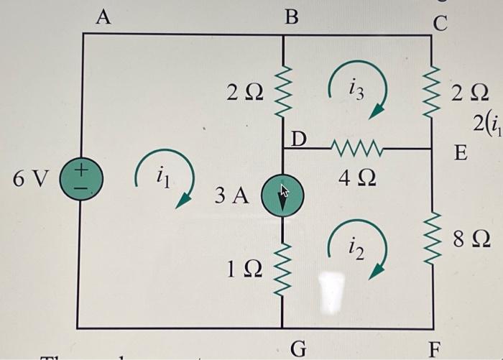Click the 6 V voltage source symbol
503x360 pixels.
click(x=83, y=178)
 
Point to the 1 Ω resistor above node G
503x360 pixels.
click(x=282, y=267)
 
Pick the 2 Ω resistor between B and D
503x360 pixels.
click(x=282, y=91)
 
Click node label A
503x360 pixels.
click(x=103, y=17)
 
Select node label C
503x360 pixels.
click(x=439, y=23)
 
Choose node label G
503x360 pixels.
click(x=297, y=350)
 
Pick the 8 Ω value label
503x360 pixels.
click(x=471, y=240)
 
